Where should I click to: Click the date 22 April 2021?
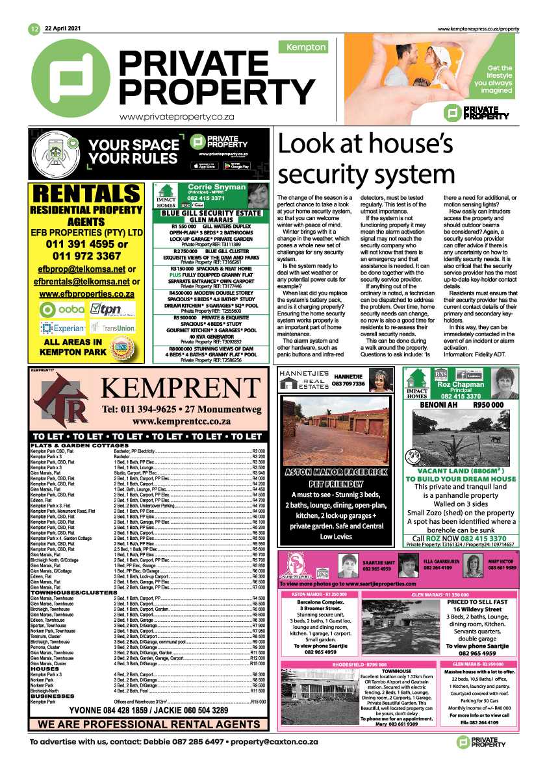[x=65, y=28]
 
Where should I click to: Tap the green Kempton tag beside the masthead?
[x=301, y=47]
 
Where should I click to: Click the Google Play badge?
[x=236, y=166]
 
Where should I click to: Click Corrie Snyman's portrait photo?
[x=258, y=194]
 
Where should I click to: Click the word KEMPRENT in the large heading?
[x=179, y=389]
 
